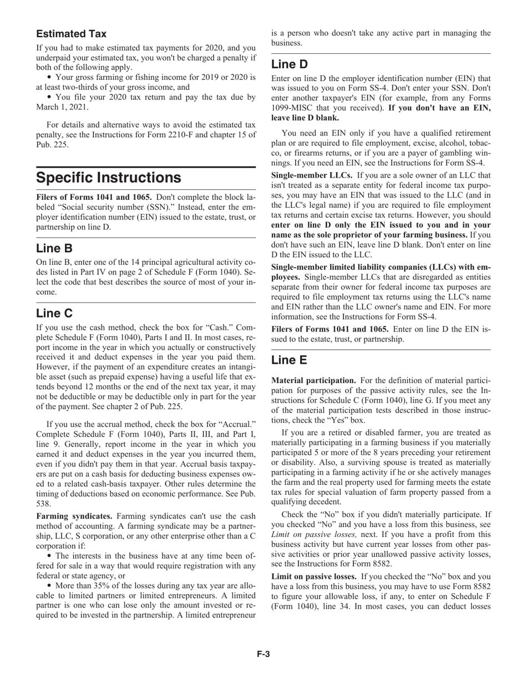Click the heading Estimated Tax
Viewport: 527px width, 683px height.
72,34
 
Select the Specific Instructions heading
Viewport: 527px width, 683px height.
108,178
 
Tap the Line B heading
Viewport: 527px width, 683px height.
54,248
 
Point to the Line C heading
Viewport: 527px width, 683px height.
54,313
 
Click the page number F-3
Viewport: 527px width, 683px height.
263,654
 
